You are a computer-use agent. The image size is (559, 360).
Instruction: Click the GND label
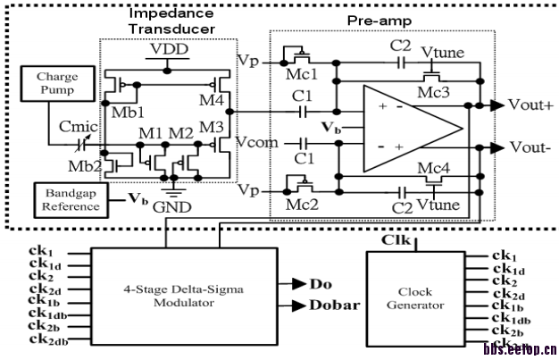(x=171, y=206)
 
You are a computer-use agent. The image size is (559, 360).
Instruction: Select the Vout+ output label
(x=531, y=105)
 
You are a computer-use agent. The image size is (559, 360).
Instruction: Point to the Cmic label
(x=80, y=130)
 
